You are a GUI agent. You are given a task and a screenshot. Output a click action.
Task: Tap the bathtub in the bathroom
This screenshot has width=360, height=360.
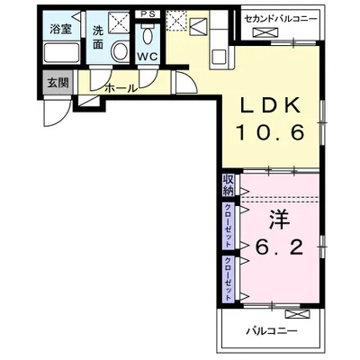click(x=61, y=51)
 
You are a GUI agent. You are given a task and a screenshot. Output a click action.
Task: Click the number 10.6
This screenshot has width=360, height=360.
click(x=267, y=133)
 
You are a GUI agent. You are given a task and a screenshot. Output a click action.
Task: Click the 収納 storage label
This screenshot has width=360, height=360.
click(x=229, y=184)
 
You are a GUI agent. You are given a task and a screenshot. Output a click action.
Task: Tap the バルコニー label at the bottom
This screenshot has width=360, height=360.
click(x=271, y=330)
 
